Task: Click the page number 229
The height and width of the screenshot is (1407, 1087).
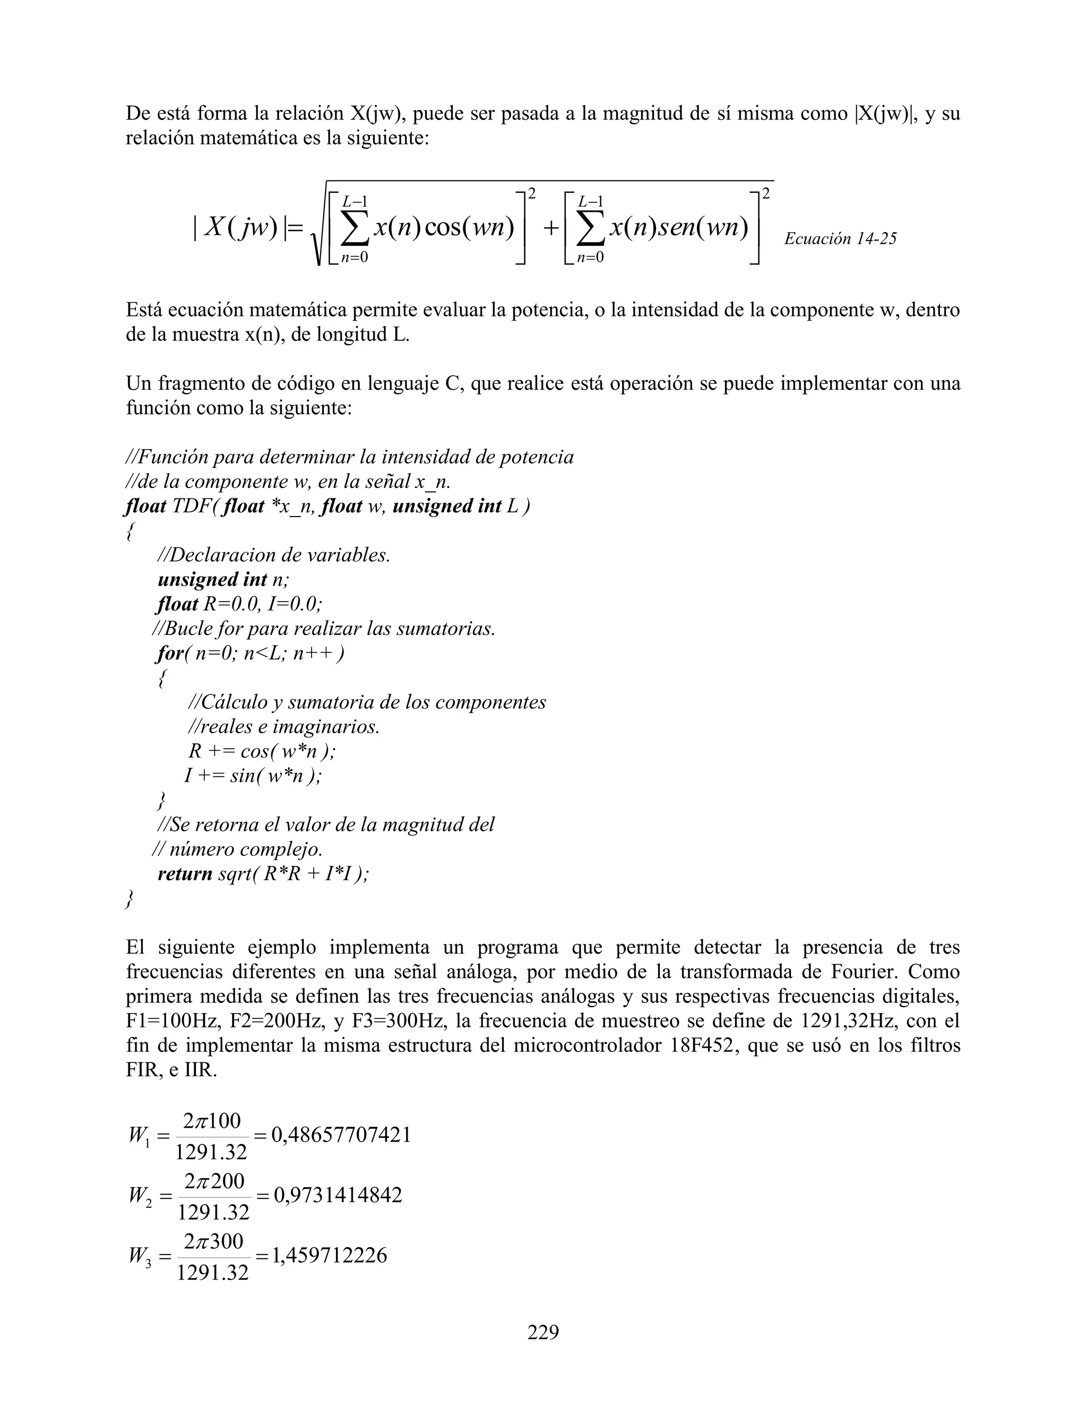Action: coord(543,1332)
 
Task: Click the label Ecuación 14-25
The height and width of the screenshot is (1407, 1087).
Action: coord(840,239)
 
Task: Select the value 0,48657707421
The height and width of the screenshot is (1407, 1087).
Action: coord(341,1135)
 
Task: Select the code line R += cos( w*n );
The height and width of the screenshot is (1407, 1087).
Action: coord(262,751)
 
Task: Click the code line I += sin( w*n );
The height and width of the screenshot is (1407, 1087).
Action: coord(253,776)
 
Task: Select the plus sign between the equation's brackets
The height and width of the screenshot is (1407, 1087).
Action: coord(549,228)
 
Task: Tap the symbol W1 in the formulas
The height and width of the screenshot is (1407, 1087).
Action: coord(139,1136)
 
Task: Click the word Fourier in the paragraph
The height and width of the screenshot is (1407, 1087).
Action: coord(858,972)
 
